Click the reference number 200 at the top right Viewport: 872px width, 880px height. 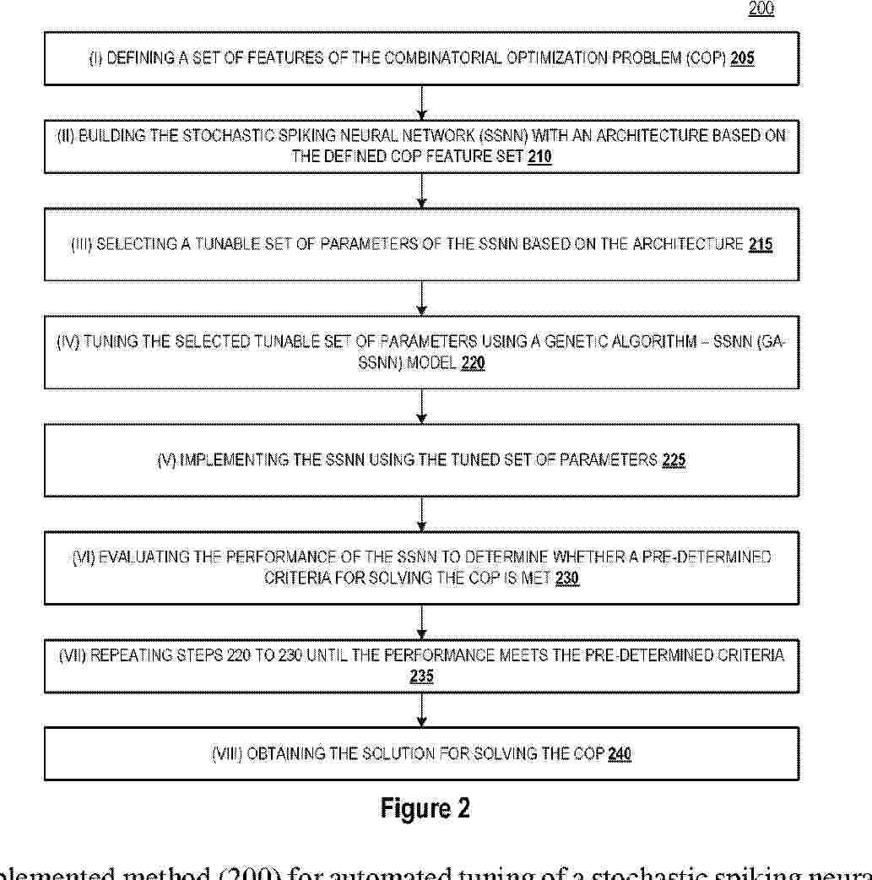click(x=761, y=9)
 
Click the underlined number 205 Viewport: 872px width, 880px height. click(x=742, y=59)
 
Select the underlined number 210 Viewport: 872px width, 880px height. click(x=539, y=156)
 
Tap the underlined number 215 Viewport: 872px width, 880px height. click(x=760, y=245)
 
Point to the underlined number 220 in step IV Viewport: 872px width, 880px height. click(x=473, y=365)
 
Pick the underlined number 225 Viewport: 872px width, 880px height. click(x=674, y=460)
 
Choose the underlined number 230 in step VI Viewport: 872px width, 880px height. click(x=567, y=579)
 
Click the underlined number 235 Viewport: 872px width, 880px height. click(x=421, y=676)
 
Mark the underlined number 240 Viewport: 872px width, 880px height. click(x=619, y=754)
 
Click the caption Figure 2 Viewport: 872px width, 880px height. click(x=425, y=808)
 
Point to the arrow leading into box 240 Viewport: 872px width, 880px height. click(x=422, y=712)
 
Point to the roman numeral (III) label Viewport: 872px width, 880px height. click(x=83, y=245)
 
